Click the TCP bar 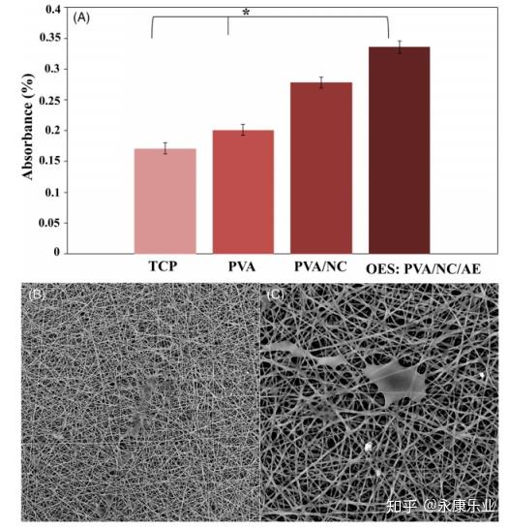[165, 202]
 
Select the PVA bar [243, 192]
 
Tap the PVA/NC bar [321, 168]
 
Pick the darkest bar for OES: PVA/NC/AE [400, 150]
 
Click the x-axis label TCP [163, 266]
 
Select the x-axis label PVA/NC [320, 266]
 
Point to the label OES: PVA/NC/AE [424, 269]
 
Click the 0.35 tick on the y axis [53, 38]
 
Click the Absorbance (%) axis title [28, 126]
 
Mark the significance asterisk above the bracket [246, 13]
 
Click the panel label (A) [81, 17]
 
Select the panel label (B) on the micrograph [37, 295]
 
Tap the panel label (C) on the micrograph [275, 295]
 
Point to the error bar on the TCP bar [165, 148]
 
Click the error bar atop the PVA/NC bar [321, 82]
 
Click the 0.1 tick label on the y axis [53, 192]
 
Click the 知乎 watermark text [401, 507]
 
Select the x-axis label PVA [242, 266]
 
